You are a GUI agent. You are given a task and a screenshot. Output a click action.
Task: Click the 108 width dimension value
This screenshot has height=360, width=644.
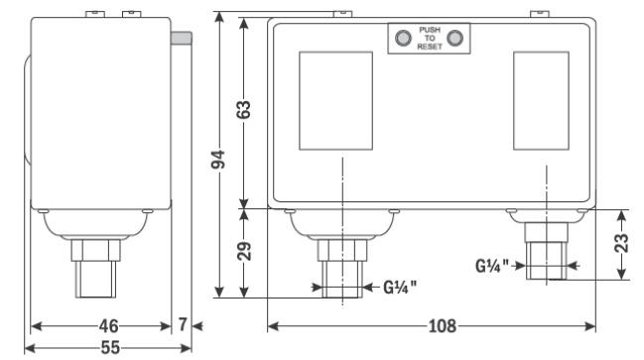point(443,326)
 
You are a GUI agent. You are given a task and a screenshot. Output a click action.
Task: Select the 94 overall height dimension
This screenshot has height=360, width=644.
point(218,160)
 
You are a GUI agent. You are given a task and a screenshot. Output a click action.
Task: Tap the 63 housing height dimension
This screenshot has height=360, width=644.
point(243,110)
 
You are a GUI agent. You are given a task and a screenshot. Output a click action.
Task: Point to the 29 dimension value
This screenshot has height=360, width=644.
point(244,251)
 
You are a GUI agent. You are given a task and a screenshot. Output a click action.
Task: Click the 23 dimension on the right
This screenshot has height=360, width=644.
point(622,243)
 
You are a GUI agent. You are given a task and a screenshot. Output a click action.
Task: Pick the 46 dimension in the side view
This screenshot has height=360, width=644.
point(108,326)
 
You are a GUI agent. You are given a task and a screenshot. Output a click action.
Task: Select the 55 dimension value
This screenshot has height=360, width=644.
point(110,348)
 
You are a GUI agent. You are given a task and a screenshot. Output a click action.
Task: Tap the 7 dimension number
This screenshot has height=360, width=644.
point(183,324)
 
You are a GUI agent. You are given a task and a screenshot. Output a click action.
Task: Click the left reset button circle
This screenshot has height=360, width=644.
point(403,38)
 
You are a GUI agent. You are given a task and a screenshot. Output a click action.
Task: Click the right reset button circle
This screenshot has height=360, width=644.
point(454,38)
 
